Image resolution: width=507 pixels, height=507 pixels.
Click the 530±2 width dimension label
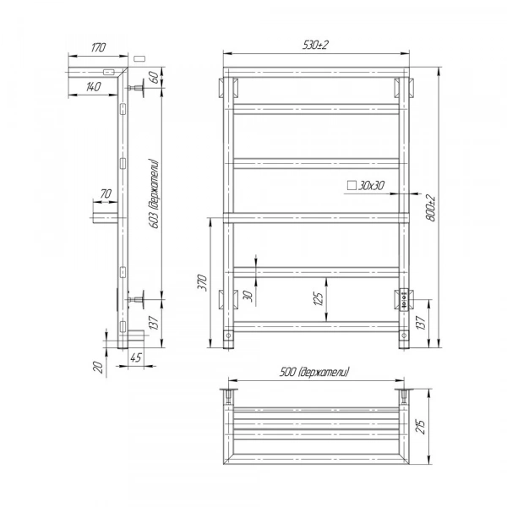tap(315, 45)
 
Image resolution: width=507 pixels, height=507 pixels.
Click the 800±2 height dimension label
tap(431, 208)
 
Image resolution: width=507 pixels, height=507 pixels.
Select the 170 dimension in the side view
tap(98, 47)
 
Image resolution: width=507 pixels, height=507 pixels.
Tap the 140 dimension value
tap(93, 87)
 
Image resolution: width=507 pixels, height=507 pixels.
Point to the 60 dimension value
tap(155, 77)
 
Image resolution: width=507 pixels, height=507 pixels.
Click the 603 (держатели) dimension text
tap(155, 194)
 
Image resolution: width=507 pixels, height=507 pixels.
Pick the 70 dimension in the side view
tap(106, 194)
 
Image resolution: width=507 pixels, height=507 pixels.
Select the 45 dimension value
tap(136, 357)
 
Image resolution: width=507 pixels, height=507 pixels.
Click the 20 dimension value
tap(99, 367)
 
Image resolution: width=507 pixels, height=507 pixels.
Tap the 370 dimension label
tap(202, 282)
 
